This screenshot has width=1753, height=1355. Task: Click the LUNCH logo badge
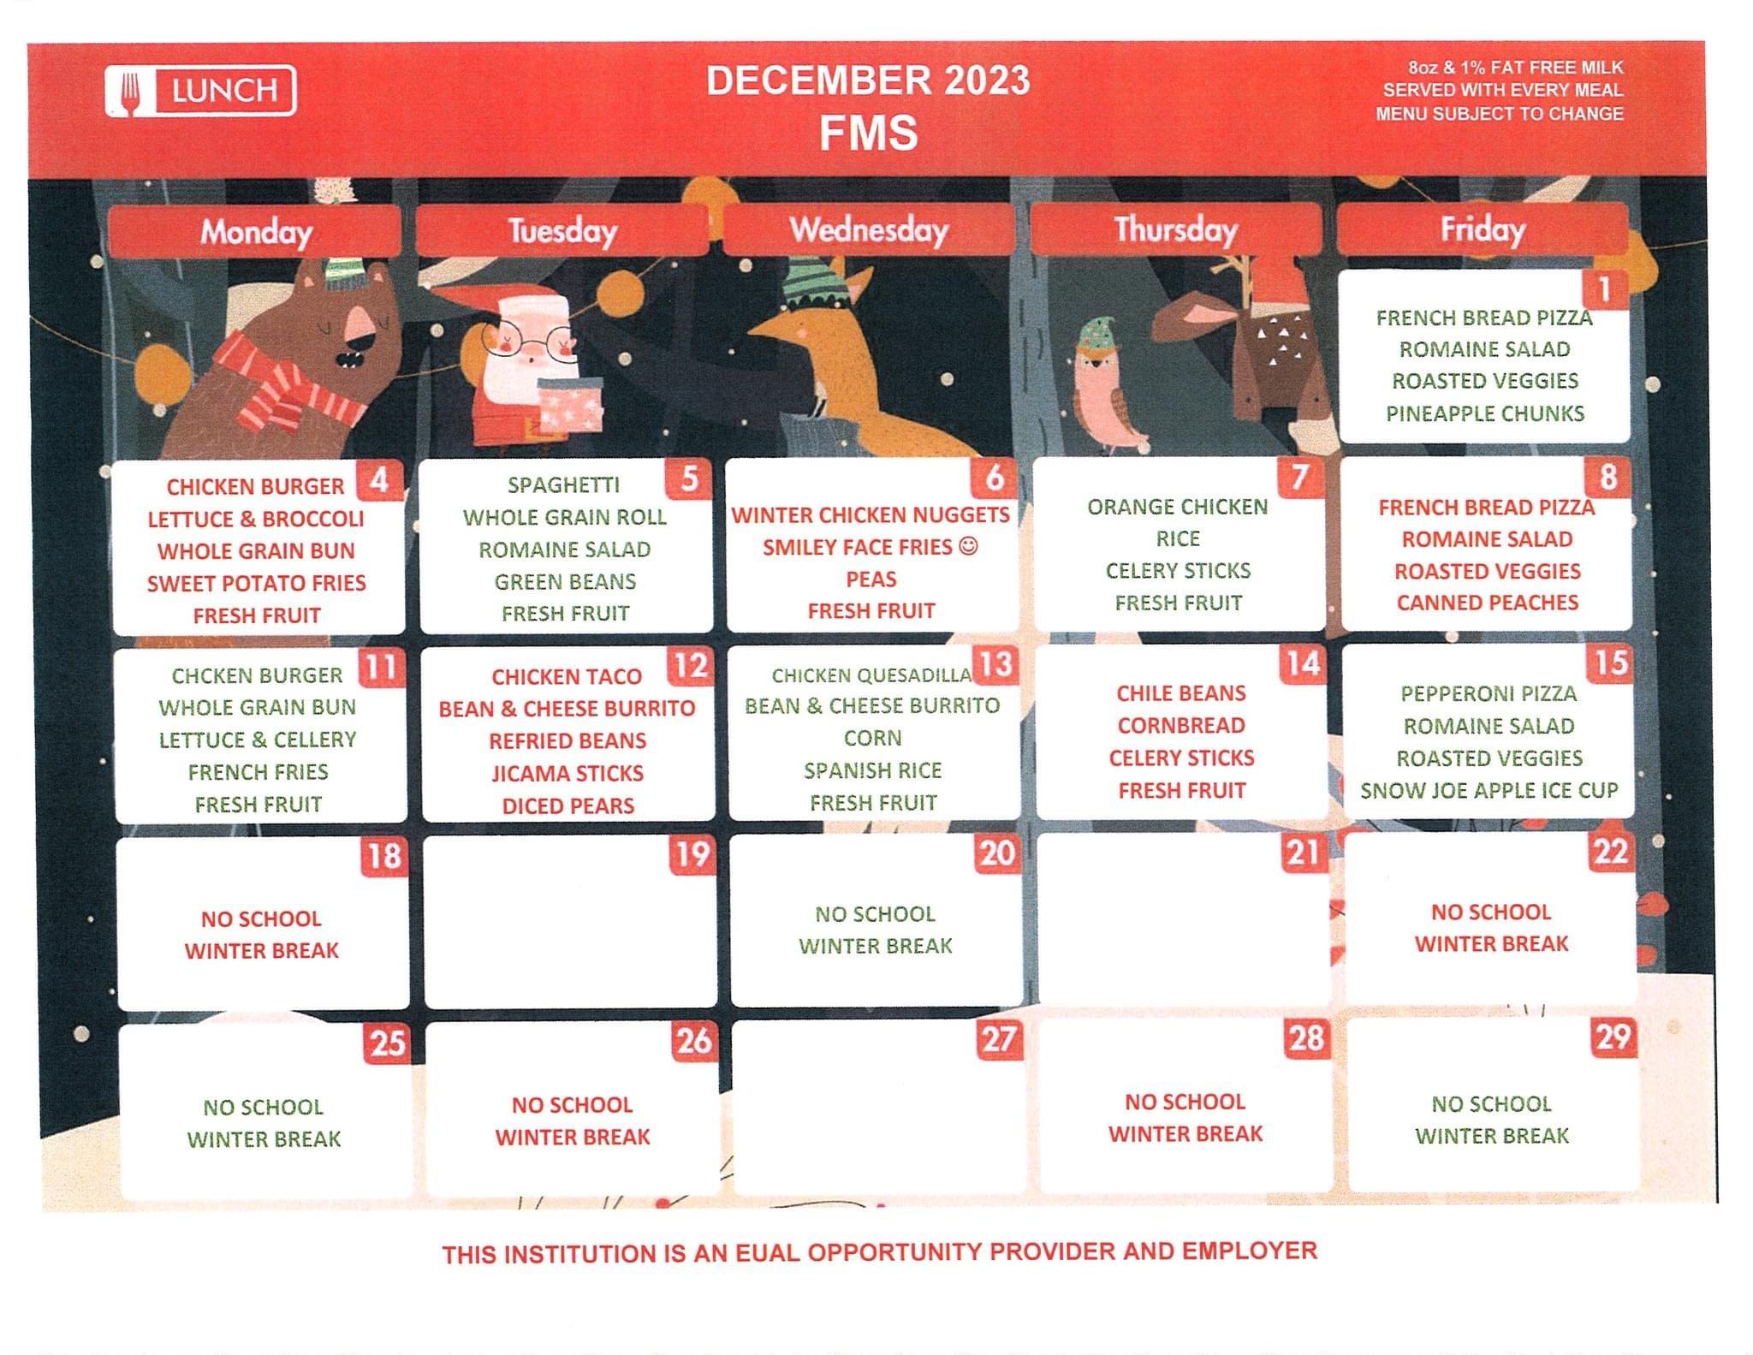pyautogui.click(x=200, y=90)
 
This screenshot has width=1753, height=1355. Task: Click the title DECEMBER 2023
pyautogui.click(x=868, y=80)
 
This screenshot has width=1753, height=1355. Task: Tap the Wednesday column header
pyautogui.click(x=868, y=229)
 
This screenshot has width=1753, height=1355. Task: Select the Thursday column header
pyautogui.click(x=1175, y=229)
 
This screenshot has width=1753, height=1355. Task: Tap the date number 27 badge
pyautogui.click(x=999, y=1040)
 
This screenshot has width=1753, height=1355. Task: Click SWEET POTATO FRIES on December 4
pyautogui.click(x=256, y=584)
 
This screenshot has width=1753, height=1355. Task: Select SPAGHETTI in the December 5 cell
pyautogui.click(x=563, y=485)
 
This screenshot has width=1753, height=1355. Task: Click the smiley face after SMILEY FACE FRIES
pyautogui.click(x=968, y=546)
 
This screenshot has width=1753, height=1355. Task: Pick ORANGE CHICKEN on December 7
pyautogui.click(x=1177, y=507)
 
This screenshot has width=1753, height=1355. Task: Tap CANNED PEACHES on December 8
pyautogui.click(x=1487, y=603)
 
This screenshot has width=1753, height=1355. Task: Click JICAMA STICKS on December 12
pyautogui.click(x=567, y=774)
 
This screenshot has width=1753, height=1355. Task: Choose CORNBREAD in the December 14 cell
pyautogui.click(x=1181, y=726)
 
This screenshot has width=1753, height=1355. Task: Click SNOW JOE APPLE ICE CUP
pyautogui.click(x=1489, y=790)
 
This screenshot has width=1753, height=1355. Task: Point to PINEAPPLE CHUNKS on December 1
pyautogui.click(x=1485, y=413)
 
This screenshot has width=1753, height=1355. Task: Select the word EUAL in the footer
pyautogui.click(x=768, y=1253)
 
